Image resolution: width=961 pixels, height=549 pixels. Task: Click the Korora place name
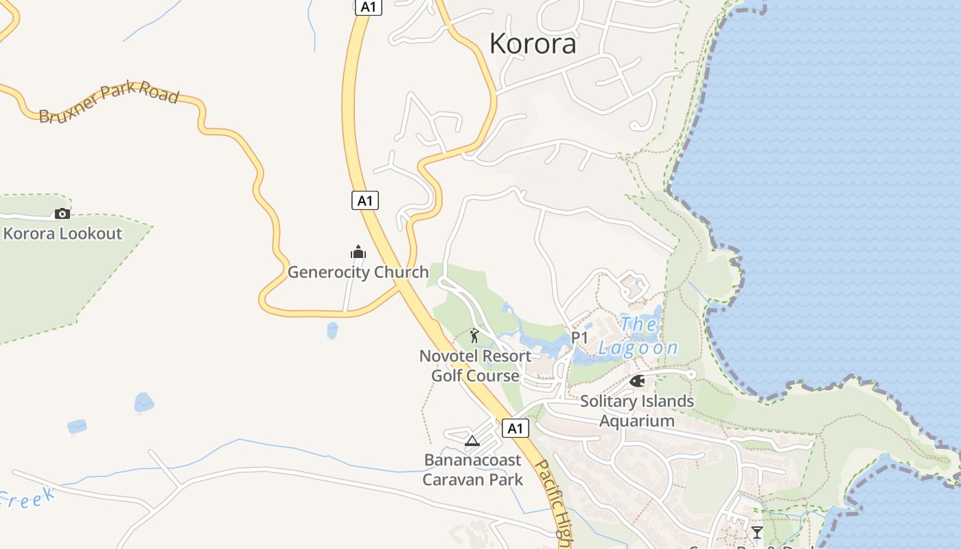(x=533, y=44)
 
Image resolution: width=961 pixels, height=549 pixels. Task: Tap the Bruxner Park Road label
(x=108, y=104)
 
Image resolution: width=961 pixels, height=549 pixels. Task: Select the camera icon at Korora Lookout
(x=62, y=213)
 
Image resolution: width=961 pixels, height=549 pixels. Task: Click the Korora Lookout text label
(x=62, y=233)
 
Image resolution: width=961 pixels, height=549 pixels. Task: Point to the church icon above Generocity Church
(x=358, y=252)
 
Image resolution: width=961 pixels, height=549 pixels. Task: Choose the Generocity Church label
(x=358, y=272)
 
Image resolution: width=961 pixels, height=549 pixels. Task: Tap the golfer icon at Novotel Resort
(x=474, y=336)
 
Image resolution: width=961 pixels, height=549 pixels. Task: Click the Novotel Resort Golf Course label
(x=475, y=366)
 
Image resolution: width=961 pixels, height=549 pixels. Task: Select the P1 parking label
(x=580, y=338)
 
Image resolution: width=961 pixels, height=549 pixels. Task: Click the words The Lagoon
(x=638, y=336)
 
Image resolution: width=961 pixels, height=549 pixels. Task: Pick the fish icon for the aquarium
(x=637, y=381)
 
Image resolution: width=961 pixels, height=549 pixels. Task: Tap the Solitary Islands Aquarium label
(x=637, y=410)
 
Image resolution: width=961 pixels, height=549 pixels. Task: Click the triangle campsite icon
(x=472, y=441)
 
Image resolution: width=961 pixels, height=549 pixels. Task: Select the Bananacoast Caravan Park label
(x=472, y=469)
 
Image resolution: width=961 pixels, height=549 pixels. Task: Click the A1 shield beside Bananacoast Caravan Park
(x=516, y=429)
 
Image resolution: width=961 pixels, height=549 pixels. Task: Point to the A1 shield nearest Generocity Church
(x=365, y=200)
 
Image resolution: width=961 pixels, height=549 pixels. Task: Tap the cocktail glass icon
(x=757, y=532)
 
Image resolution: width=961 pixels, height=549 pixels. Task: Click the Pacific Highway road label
(x=553, y=504)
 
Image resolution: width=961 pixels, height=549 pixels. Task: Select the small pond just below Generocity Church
(x=333, y=330)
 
